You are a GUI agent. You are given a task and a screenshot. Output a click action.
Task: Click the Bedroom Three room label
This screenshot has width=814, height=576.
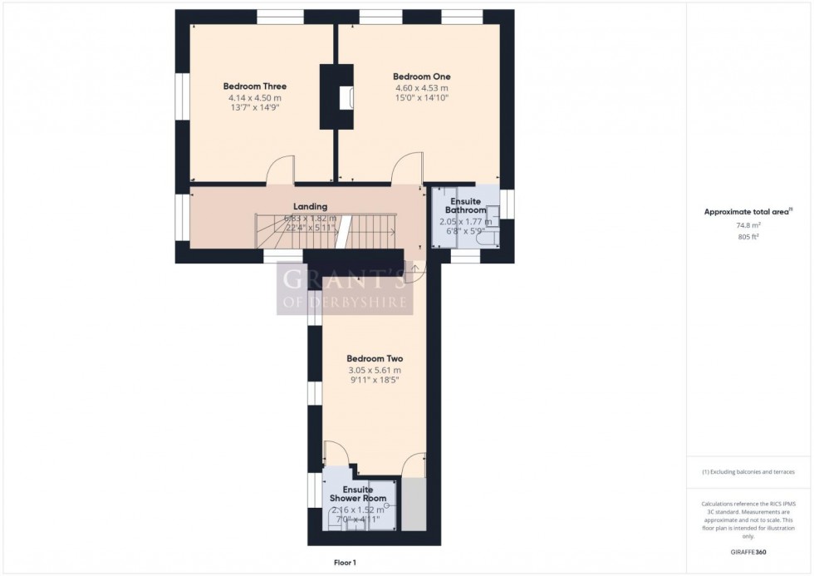click(255, 86)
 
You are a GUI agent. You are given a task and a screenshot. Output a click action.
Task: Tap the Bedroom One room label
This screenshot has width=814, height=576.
click(421, 76)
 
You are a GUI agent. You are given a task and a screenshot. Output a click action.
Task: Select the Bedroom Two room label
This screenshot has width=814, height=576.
click(375, 359)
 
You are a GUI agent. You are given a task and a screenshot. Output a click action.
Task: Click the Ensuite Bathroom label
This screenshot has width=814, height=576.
click(468, 206)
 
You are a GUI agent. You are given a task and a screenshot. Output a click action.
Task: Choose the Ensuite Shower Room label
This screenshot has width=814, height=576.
click(357, 494)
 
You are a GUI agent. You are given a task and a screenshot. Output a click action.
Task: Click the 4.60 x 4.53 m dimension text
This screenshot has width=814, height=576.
click(421, 88)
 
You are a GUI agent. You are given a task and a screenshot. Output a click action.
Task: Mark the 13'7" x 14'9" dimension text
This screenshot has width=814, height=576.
click(255, 109)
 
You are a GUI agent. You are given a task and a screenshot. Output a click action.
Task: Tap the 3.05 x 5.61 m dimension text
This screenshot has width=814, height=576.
click(375, 371)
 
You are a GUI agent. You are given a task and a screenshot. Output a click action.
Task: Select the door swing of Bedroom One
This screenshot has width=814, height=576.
click(405, 170)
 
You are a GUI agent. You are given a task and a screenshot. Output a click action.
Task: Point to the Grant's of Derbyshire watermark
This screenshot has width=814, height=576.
click(344, 288)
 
